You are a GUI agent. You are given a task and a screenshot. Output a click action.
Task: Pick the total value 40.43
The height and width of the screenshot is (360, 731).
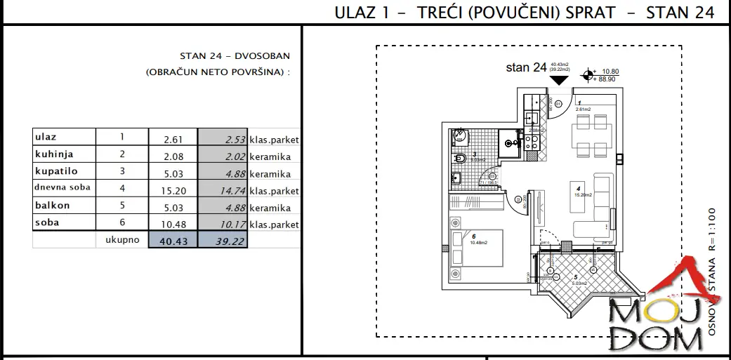click(x=173, y=241)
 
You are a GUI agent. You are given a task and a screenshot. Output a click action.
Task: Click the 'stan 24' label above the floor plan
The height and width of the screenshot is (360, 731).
click(x=526, y=68)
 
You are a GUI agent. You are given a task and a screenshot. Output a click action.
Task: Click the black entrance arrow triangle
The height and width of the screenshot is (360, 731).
click(x=559, y=79)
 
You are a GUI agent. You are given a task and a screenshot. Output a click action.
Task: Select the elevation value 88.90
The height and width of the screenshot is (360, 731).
click(x=608, y=80)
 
